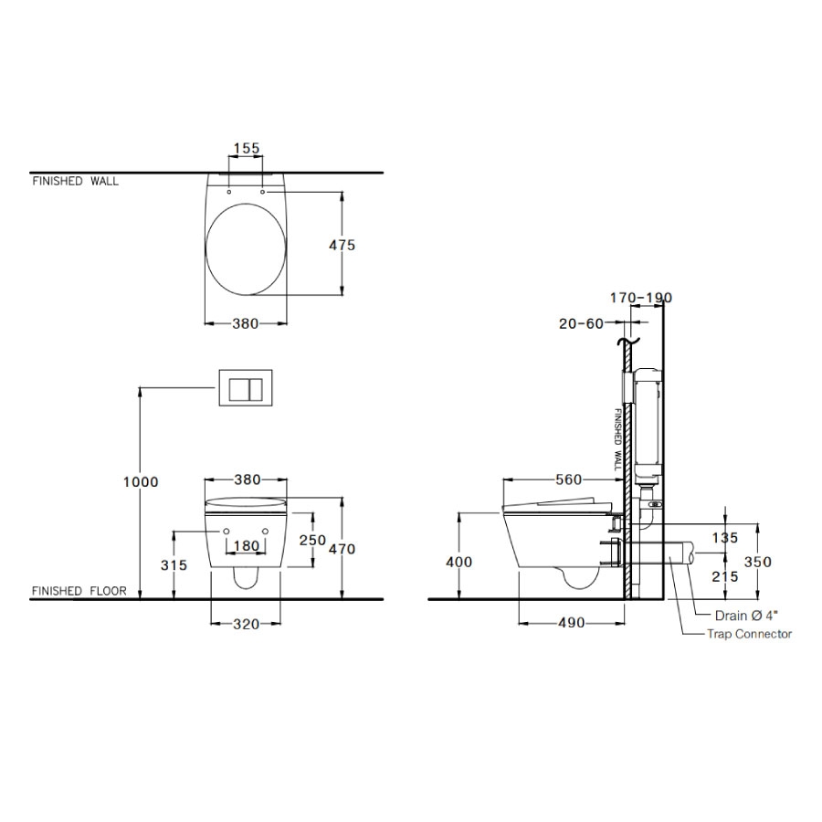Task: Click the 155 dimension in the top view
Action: tap(247, 148)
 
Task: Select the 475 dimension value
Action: tap(342, 245)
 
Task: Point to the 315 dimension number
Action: tap(173, 565)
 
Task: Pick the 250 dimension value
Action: tap(312, 540)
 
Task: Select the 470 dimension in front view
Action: tap(342, 549)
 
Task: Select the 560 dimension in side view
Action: tap(569, 479)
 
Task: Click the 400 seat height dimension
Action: tap(458, 562)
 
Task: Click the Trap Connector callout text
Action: tap(749, 634)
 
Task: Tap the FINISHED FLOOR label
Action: tap(79, 591)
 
